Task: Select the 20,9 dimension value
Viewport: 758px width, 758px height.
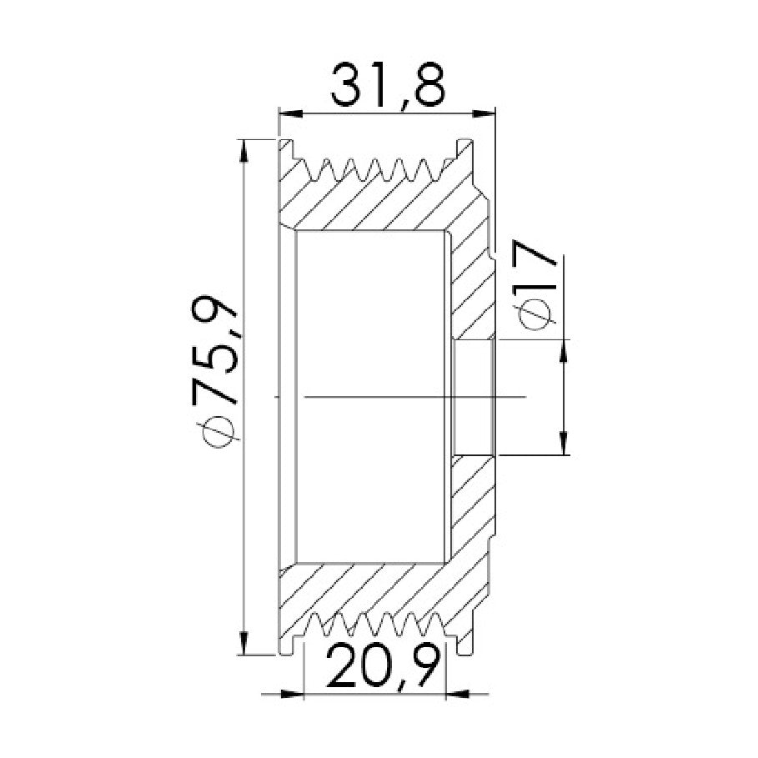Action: coord(383,667)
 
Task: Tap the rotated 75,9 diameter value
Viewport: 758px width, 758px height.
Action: coord(214,349)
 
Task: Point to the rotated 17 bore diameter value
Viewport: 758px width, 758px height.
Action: coord(535,269)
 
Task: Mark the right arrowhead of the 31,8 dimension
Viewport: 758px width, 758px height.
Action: coord(484,113)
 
